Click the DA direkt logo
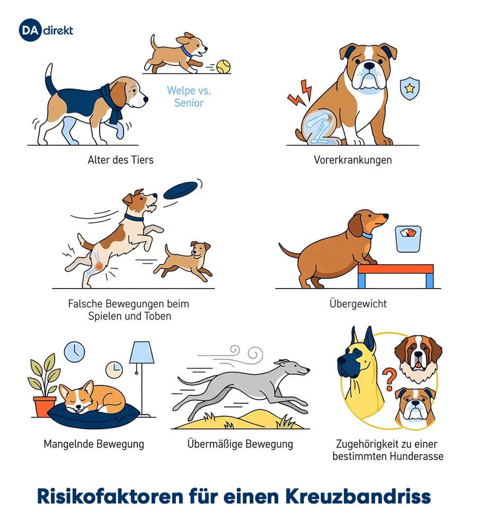(46, 30)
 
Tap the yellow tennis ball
(223, 67)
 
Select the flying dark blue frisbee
(181, 190)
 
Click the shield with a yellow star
(410, 88)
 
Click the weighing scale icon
(408, 239)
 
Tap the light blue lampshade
(142, 352)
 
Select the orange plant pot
(44, 406)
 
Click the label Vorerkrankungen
(352, 160)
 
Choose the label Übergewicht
(358, 303)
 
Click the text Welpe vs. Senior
(189, 97)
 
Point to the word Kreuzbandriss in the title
(358, 497)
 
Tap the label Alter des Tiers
(120, 160)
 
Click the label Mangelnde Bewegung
(94, 444)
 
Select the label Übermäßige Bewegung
(240, 444)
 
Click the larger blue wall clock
(74, 352)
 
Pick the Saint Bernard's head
(418, 358)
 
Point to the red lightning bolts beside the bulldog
(300, 93)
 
